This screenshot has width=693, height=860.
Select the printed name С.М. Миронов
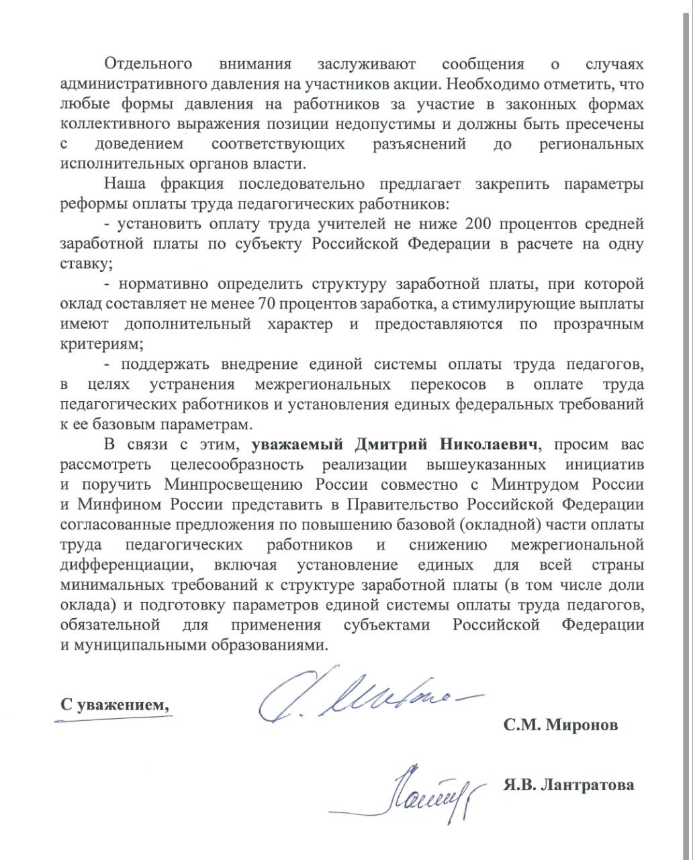[560, 726]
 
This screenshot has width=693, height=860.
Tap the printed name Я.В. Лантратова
[567, 785]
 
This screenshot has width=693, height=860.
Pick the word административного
[126, 85]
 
